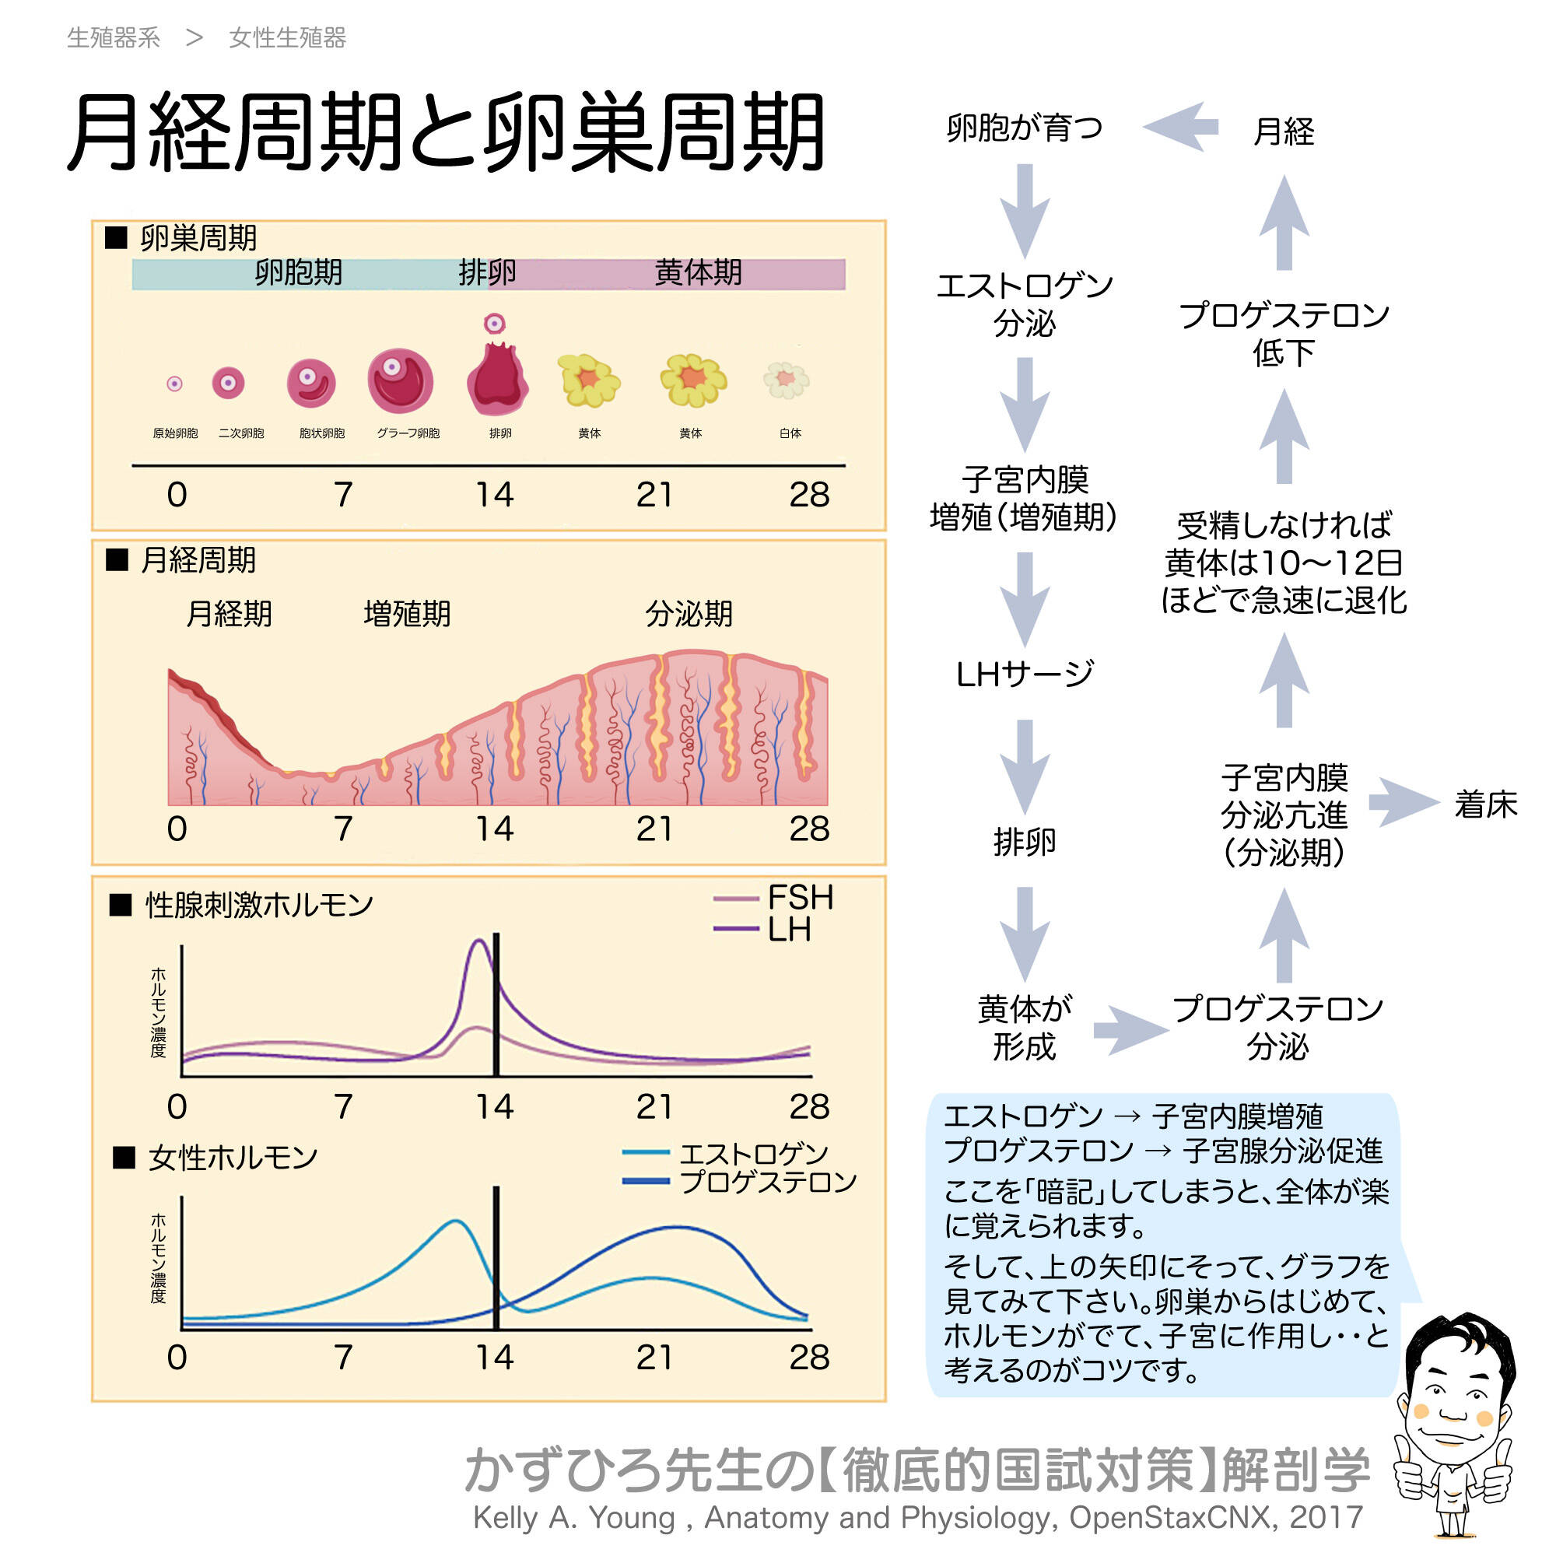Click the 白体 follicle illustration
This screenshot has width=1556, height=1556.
(786, 380)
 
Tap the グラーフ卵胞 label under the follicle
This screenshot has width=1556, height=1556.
(408, 433)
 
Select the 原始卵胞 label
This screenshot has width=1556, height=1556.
(175, 433)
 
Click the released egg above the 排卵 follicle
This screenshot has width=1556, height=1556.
(494, 324)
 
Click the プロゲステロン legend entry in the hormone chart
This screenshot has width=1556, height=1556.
(741, 1183)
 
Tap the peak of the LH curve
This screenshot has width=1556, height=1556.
(479, 941)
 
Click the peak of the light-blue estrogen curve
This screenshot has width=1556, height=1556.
(456, 1221)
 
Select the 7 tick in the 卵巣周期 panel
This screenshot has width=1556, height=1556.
(343, 495)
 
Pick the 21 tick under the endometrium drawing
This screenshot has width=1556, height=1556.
(654, 829)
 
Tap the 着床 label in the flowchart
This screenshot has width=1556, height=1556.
(1485, 804)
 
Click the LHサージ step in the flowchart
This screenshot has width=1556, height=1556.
(1025, 674)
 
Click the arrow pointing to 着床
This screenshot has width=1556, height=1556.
(1404, 802)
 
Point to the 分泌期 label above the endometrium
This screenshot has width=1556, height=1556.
(689, 614)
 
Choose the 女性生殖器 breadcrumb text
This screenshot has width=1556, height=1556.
(288, 38)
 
